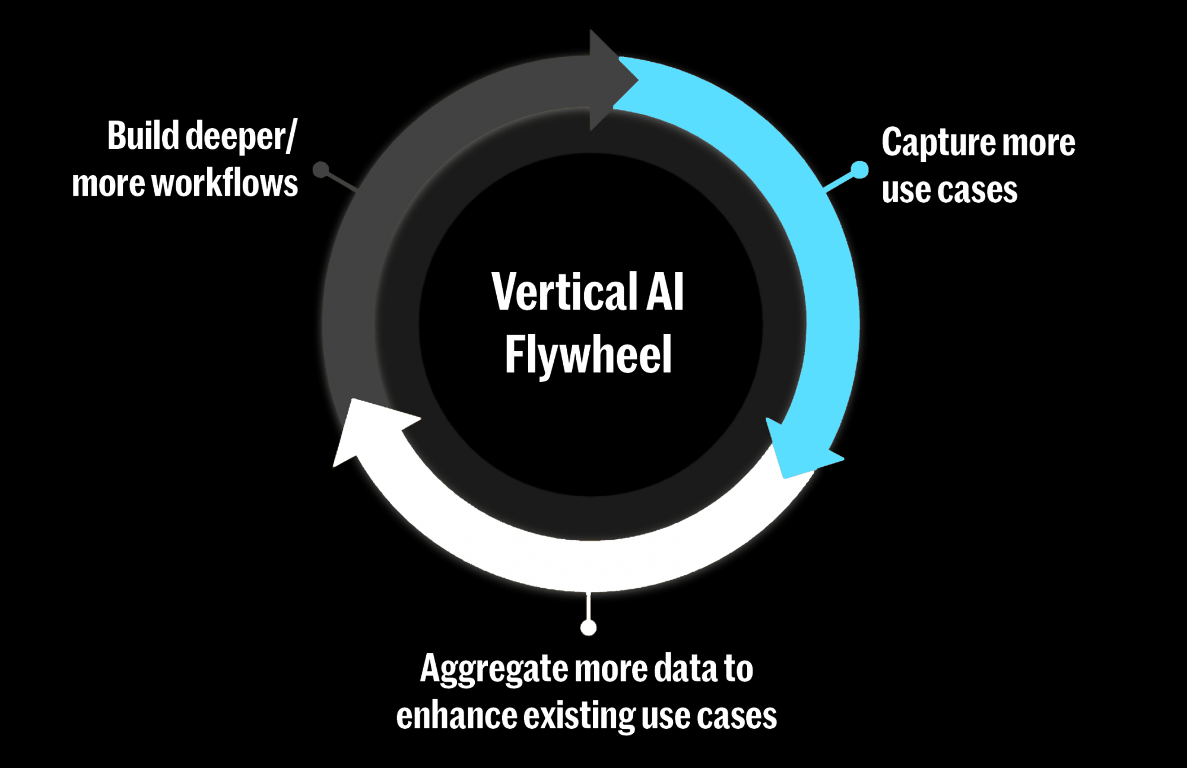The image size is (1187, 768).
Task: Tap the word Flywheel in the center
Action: click(588, 355)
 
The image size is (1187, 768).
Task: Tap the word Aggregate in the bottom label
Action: click(494, 670)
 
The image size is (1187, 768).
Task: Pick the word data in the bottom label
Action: click(686, 668)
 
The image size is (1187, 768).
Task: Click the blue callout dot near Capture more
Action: click(859, 170)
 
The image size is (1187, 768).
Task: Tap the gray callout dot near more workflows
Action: click(321, 170)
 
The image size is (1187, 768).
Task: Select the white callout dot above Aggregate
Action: click(588, 627)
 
